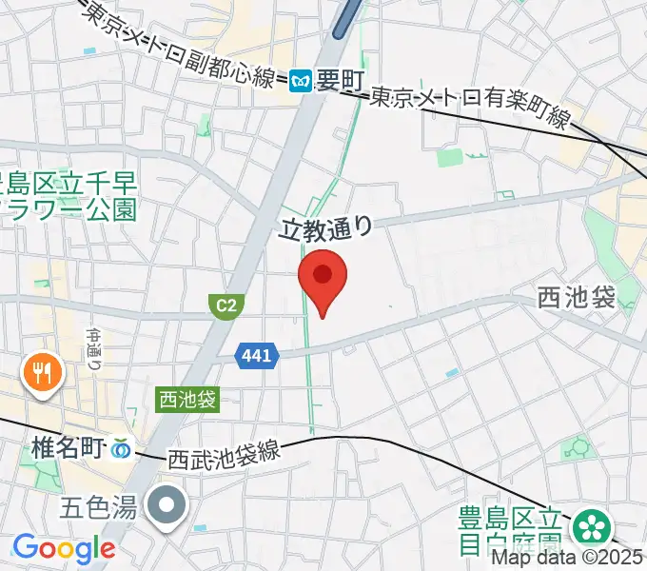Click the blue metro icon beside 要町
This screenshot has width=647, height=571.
coord(302,83)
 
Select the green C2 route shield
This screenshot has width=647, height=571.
coord(225,305)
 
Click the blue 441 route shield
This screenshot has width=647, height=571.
coord(257,356)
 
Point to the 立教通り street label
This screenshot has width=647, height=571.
coord(324,227)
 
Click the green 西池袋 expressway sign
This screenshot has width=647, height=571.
coord(187,400)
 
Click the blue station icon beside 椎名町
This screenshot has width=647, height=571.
coord(122,445)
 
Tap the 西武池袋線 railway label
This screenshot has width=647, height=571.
coord(225,450)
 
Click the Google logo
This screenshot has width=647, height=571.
coord(63,548)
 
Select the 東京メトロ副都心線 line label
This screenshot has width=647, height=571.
coord(184,46)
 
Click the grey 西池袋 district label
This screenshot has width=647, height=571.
coord(577,298)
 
